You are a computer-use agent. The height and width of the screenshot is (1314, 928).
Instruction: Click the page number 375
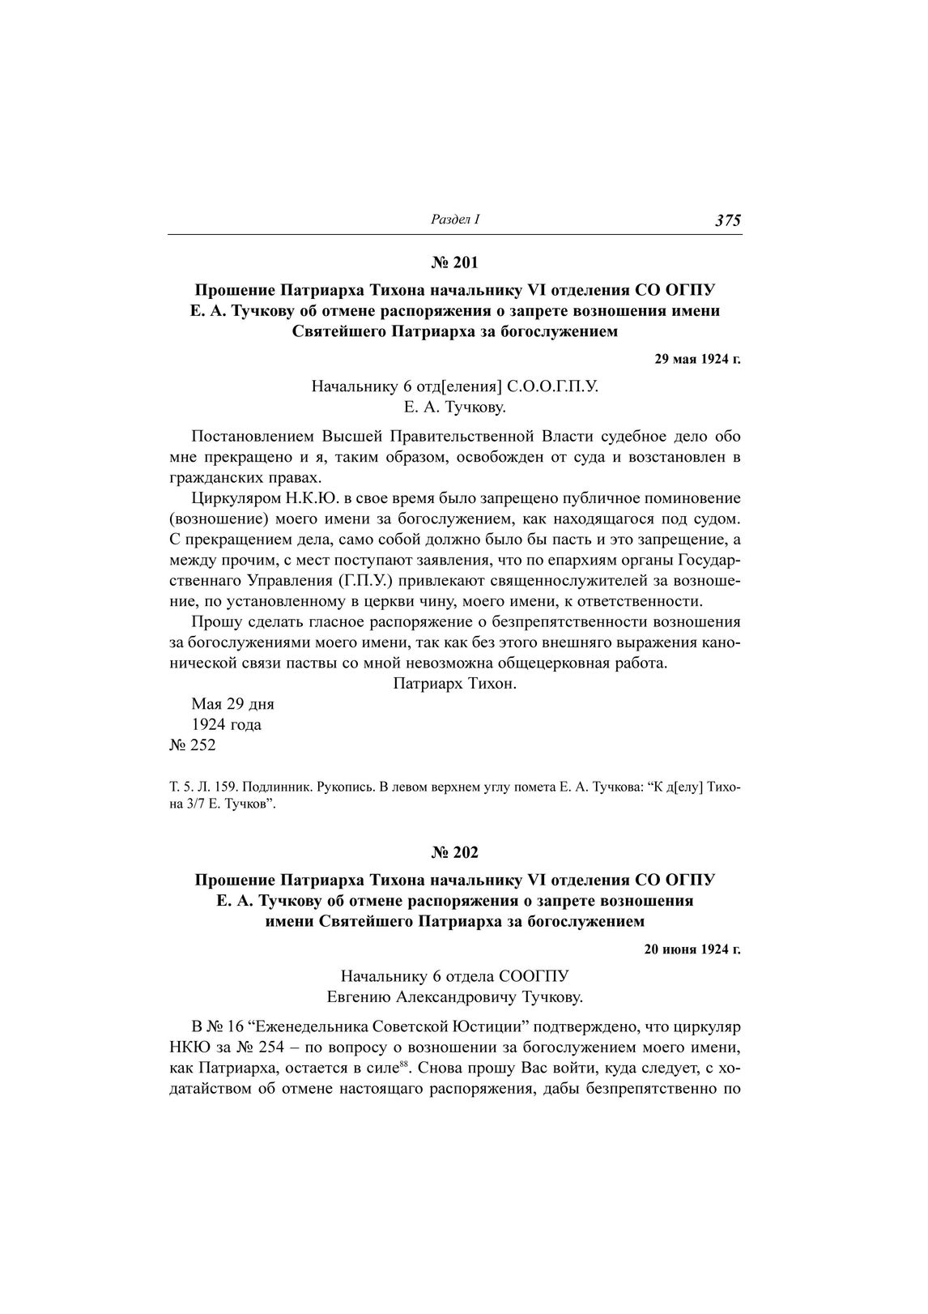point(728,220)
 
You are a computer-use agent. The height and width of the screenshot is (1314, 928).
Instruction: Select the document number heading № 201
point(454,262)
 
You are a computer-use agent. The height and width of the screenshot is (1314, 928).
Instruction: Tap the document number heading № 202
point(454,852)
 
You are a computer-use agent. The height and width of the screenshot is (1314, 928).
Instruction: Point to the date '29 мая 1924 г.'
point(697,359)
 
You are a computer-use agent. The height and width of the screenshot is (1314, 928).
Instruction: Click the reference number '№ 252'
point(192,745)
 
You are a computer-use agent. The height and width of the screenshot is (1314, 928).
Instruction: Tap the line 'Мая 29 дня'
point(232,704)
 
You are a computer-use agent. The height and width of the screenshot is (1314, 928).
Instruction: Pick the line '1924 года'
point(226,724)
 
